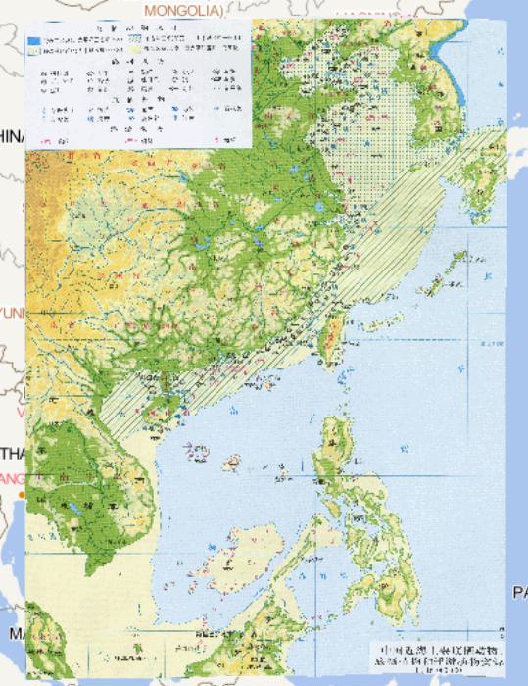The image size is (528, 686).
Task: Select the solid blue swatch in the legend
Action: (x=35, y=40)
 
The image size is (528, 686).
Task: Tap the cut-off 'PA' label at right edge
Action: (x=518, y=592)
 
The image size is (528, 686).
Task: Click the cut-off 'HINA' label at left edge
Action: (x=12, y=136)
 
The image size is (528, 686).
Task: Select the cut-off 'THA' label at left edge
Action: (x=12, y=454)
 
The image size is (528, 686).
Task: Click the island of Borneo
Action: (x=255, y=627)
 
